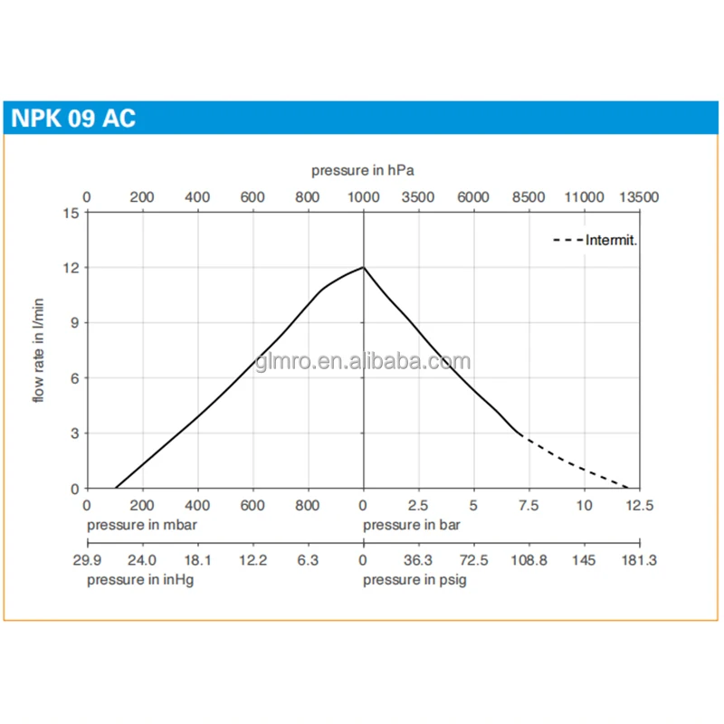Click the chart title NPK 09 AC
[73, 119]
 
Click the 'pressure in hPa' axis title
[363, 170]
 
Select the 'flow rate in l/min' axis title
[40, 349]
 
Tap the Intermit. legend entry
[612, 240]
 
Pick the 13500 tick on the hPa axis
[639, 196]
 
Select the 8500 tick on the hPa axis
[529, 196]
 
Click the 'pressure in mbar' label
[142, 525]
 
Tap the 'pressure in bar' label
[407, 525]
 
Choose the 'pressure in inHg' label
[140, 580]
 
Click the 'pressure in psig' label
[415, 580]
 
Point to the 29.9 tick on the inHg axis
[87, 561]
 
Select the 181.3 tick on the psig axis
[639, 561]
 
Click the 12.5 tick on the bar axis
[639, 506]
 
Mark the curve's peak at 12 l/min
[364, 267]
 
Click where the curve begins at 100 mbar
[115, 488]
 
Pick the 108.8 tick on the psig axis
[529, 561]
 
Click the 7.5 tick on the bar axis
[529, 506]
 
